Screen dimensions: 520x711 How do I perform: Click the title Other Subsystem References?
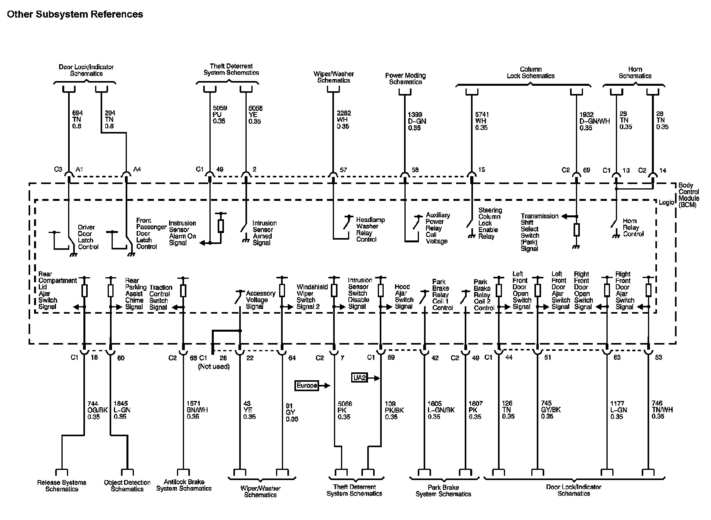pyautogui.click(x=75, y=14)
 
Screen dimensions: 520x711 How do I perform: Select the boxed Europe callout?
pyautogui.click(x=307, y=386)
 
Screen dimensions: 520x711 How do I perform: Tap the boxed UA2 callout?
pyautogui.click(x=359, y=378)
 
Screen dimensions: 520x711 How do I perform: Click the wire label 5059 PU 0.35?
pyautogui.click(x=219, y=114)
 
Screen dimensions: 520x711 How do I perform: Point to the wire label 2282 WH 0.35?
pyautogui.click(x=343, y=120)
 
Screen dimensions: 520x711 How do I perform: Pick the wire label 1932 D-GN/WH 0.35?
pyautogui.click(x=594, y=121)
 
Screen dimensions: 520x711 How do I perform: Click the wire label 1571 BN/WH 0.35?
pyautogui.click(x=197, y=410)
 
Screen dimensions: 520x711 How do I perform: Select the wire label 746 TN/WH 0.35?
pyautogui.click(x=662, y=410)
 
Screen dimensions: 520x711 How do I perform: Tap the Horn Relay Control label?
pyautogui.click(x=633, y=227)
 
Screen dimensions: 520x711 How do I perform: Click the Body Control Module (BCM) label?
pyautogui.click(x=688, y=195)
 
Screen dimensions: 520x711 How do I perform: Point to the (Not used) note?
pyautogui.click(x=214, y=367)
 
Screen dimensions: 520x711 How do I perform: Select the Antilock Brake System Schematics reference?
pyautogui.click(x=184, y=485)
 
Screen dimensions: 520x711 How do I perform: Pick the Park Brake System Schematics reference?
pyautogui.click(x=443, y=491)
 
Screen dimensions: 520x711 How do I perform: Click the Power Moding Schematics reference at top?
pyautogui.click(x=405, y=79)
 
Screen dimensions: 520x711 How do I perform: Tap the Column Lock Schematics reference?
pyautogui.click(x=531, y=72)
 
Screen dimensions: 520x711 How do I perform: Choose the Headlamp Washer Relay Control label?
pyautogui.click(x=370, y=229)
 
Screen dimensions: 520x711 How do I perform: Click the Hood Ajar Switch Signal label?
pyautogui.click(x=404, y=296)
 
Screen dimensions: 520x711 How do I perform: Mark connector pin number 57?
pyautogui.click(x=343, y=170)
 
